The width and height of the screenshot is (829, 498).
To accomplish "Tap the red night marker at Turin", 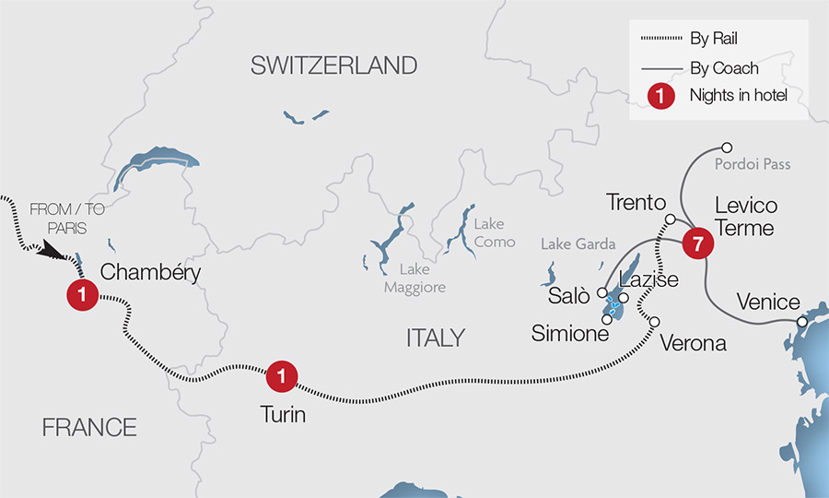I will coord(281,376).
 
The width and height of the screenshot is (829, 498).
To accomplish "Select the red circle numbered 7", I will coord(697,244).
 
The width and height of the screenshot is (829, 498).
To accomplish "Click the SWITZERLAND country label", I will coord(333,65).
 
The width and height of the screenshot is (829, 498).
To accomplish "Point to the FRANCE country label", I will coord(89,427).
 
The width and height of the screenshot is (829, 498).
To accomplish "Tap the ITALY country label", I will coord(435,338).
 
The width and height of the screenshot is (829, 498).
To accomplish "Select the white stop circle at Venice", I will coord(802,322).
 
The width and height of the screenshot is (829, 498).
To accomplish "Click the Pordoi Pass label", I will coord(753,164).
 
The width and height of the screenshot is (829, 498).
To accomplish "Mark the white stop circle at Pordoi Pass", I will coord(727,148).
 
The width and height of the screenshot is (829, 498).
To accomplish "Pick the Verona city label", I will coord(694,343).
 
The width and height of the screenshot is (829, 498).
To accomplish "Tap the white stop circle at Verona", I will coord(655,322).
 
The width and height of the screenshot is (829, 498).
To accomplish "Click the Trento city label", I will coord(636,202).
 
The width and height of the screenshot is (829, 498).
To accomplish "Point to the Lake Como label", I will coord(489,231).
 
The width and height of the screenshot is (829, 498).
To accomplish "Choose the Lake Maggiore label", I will coord(422,279).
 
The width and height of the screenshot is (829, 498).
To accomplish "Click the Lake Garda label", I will coord(578,244).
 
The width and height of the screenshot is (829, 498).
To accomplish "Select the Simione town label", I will coord(570,334).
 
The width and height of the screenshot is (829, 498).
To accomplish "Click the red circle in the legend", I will coord(660,94).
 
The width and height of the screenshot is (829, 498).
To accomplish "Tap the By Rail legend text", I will coord(714,39).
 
